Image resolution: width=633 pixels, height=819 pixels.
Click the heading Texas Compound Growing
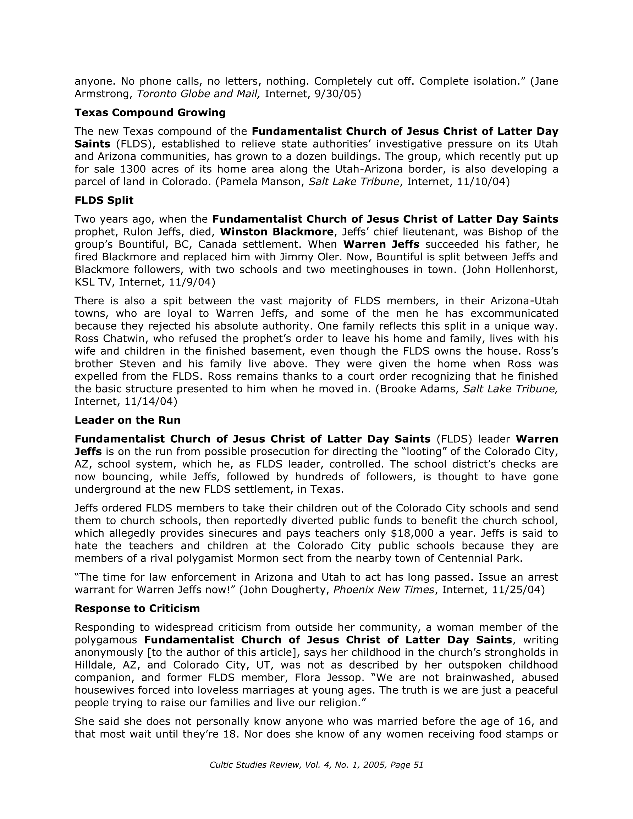[150, 112]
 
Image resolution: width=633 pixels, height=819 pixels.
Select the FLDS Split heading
[104, 200]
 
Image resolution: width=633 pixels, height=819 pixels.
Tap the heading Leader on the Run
[128, 420]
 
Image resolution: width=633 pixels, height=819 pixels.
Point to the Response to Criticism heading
[137, 608]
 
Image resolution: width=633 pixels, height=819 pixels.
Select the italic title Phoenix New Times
[384, 590]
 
